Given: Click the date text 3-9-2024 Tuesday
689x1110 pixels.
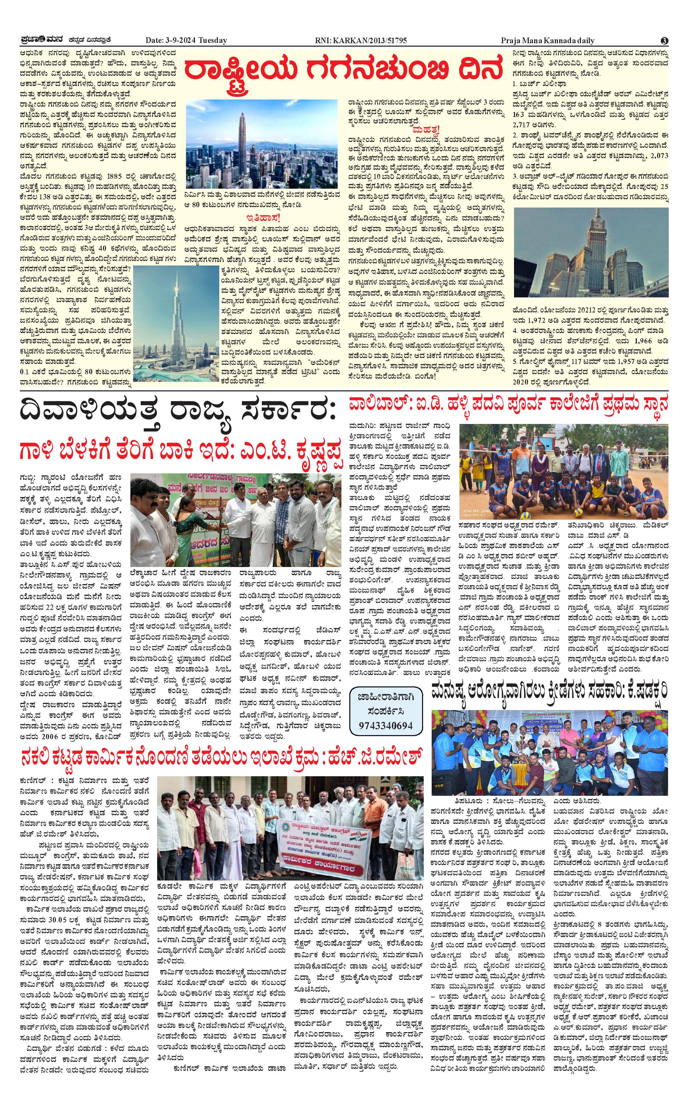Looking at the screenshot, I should (186, 40).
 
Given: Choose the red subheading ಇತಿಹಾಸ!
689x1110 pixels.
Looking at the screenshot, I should (262, 217).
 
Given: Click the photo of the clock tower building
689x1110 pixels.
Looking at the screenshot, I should (591, 252).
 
